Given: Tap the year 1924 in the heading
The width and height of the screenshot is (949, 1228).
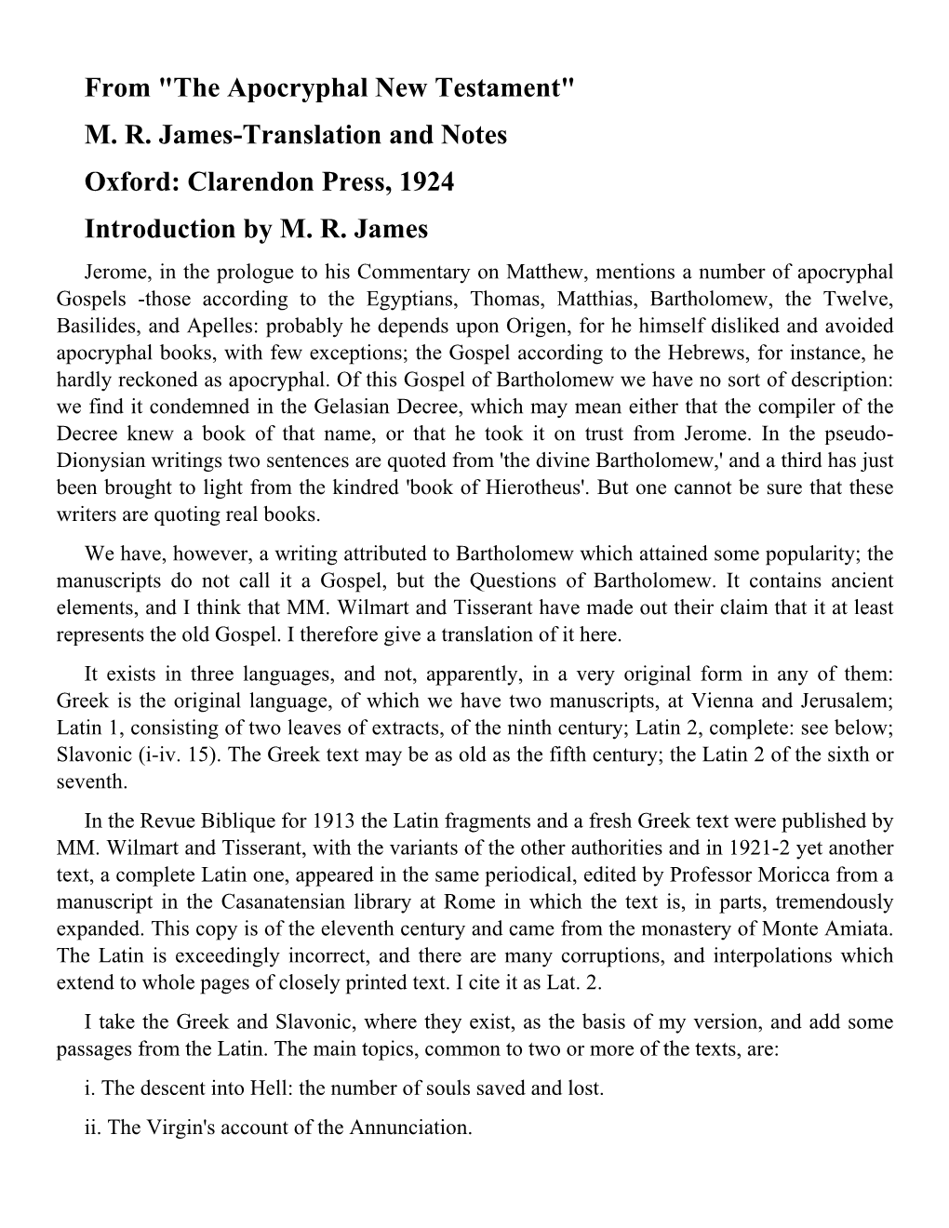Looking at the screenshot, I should tap(427, 181).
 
